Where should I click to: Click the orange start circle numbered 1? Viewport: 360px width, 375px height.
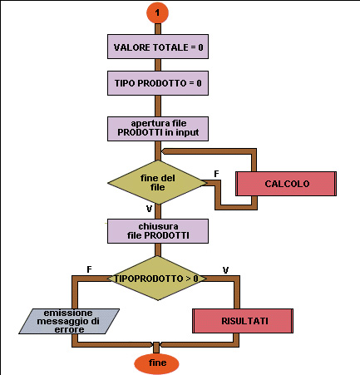coord(157,12)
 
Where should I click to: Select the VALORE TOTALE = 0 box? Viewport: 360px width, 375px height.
coord(158,47)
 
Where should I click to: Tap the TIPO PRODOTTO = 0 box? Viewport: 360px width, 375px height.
coord(158,83)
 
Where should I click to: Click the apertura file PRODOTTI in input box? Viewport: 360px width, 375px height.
coord(158,129)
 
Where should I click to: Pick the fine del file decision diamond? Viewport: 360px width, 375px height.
coord(157,182)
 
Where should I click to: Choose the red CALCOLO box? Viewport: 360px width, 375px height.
coord(286,184)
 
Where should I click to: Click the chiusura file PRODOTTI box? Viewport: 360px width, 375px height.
coord(158,231)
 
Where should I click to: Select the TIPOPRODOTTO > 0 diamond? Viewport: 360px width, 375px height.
coord(157,278)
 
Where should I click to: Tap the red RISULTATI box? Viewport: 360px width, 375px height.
coord(243,321)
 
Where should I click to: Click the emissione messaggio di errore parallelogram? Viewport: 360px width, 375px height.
coord(69,321)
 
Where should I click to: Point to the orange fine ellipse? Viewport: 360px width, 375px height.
coord(156,363)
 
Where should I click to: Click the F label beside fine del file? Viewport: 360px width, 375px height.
coord(216,174)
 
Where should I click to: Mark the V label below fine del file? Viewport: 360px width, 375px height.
coord(149,209)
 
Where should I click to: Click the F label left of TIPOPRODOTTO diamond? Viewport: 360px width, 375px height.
coord(89,269)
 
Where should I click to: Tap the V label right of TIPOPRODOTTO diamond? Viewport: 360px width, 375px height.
coord(225,270)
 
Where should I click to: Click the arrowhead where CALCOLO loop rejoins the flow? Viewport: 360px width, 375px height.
coord(164,151)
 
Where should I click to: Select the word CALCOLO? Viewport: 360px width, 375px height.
coord(287,184)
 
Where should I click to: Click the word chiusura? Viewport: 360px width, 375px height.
coord(158,226)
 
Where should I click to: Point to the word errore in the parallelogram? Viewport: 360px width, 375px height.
coord(69,329)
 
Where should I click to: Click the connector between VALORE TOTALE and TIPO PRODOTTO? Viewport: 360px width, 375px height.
coord(158,65)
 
